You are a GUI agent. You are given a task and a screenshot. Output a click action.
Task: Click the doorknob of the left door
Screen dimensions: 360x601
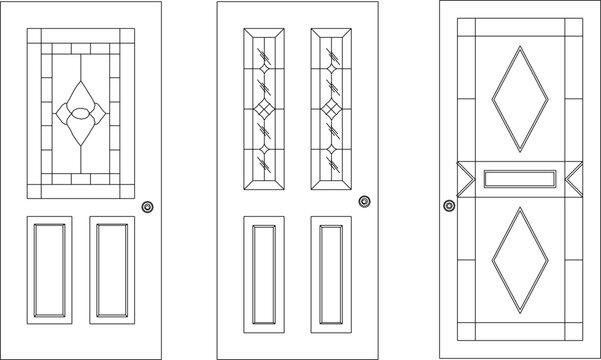click(x=148, y=207)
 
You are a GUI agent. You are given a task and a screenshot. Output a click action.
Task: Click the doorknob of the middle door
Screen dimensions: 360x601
click(x=364, y=202)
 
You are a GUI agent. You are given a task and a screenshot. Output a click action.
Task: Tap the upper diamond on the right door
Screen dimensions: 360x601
click(x=520, y=98)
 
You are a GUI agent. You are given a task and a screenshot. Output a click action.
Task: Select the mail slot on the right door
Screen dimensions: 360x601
click(x=519, y=179)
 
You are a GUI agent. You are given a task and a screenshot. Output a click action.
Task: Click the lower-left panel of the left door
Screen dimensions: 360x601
click(x=50, y=269)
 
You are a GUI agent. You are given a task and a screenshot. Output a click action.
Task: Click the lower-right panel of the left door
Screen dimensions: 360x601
click(x=111, y=269)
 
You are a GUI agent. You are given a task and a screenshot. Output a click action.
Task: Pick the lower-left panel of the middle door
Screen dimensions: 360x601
click(x=264, y=272)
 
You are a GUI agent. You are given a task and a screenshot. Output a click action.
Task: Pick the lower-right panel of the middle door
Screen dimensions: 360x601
click(x=331, y=272)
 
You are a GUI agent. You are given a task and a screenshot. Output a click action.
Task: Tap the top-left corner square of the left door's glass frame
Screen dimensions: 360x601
click(x=34, y=36)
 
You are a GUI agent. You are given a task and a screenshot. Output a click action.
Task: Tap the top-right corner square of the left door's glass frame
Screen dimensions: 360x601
click(x=127, y=36)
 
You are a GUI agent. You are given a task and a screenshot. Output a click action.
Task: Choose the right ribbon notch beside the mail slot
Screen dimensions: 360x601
click(x=575, y=179)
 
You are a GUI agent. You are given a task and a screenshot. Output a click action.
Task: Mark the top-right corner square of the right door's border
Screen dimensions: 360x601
click(x=574, y=26)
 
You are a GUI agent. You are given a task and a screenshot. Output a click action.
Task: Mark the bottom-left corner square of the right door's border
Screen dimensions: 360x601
click(x=466, y=333)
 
